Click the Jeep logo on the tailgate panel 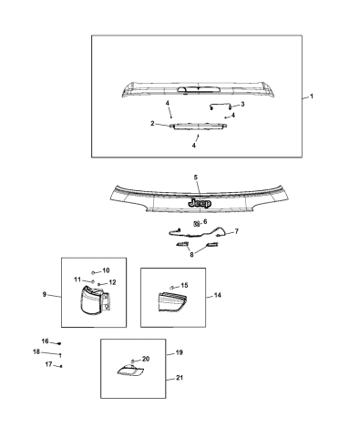pyautogui.click(x=200, y=203)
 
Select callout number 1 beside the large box pyautogui.click(x=312, y=97)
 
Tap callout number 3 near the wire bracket pyautogui.click(x=242, y=104)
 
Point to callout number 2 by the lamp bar pyautogui.click(x=152, y=124)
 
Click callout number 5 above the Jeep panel pyautogui.click(x=196, y=178)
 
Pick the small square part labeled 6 pyautogui.click(x=196, y=224)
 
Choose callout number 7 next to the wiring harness pyautogui.click(x=236, y=231)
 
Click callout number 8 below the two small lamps pyautogui.click(x=191, y=255)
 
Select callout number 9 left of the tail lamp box pyautogui.click(x=45, y=294)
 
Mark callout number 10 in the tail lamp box pyautogui.click(x=106, y=270)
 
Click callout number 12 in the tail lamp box pyautogui.click(x=112, y=282)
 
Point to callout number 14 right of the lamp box pyautogui.click(x=218, y=295)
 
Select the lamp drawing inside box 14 pyautogui.click(x=172, y=301)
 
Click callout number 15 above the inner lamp pyautogui.click(x=184, y=285)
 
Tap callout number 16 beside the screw pyautogui.click(x=45, y=341)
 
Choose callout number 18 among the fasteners pyautogui.click(x=36, y=351)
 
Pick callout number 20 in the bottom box pyautogui.click(x=146, y=359)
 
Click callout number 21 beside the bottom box pyautogui.click(x=180, y=378)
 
